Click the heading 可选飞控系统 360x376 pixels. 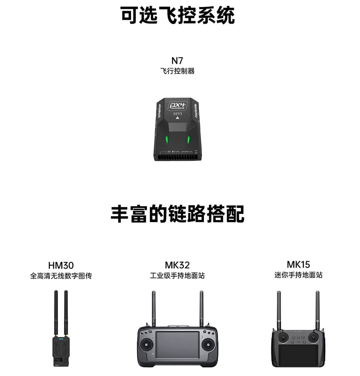[x=178, y=15]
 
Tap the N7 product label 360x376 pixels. [x=177, y=61]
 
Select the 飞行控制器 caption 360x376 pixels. [x=177, y=71]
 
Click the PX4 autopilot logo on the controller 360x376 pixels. [x=178, y=106]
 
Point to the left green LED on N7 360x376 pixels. [x=167, y=139]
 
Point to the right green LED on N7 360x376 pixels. [x=189, y=139]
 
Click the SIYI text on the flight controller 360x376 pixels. [x=178, y=114]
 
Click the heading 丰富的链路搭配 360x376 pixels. [x=178, y=214]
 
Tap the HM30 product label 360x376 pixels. [x=61, y=265]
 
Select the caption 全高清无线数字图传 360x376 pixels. [x=61, y=276]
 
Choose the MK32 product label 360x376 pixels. [x=177, y=265]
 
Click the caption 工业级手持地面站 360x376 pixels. [x=177, y=276]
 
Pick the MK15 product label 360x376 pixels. [x=298, y=264]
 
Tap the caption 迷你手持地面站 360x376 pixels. [x=298, y=275]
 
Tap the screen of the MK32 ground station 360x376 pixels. [x=178, y=345]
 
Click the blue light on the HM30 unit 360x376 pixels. [x=61, y=338]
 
